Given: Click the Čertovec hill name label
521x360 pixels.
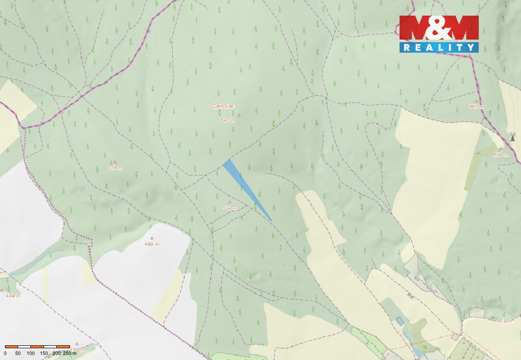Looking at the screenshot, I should [x=223, y=106].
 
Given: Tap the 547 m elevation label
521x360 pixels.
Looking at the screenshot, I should [x=228, y=120].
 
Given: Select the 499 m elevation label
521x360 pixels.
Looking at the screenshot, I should [x=152, y=244].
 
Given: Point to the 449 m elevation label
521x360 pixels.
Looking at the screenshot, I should [x=13, y=296].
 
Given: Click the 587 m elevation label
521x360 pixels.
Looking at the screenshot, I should [x=476, y=107].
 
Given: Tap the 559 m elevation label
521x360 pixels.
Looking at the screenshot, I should [x=501, y=155].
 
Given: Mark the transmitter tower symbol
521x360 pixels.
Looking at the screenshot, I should [x=513, y=137].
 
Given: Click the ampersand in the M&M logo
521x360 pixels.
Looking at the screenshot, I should [x=439, y=28].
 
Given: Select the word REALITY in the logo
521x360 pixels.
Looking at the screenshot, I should [x=439, y=47].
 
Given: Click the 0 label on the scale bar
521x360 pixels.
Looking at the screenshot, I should [x=5, y=353].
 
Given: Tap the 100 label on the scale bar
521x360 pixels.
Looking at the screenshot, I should [x=31, y=353].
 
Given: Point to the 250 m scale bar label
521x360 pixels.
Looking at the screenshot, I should [x=70, y=353].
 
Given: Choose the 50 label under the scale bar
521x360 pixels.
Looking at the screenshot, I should [x=18, y=353].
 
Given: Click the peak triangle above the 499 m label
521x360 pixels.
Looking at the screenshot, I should [x=152, y=238].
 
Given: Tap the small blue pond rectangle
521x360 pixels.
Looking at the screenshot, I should [x=400, y=321].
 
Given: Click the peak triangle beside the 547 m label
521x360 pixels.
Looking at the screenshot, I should [x=239, y=115].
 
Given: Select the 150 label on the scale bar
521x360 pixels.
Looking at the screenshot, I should [x=44, y=353].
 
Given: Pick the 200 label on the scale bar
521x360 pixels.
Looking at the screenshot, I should [x=57, y=353].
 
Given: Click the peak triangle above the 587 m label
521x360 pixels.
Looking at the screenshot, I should [x=476, y=101].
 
